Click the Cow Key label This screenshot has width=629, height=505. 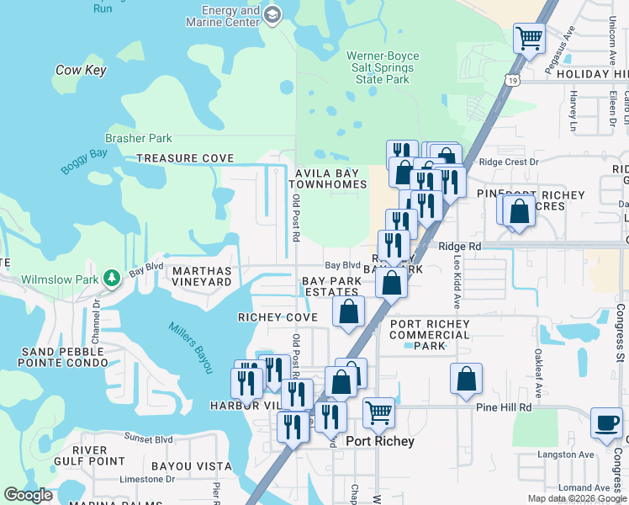(81, 70)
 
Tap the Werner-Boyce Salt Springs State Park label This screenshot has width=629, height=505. (383, 68)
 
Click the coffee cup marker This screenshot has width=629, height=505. (606, 423)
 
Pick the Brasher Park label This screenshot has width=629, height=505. (139, 139)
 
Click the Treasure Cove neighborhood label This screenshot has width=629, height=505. (185, 158)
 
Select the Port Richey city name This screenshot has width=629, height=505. (380, 441)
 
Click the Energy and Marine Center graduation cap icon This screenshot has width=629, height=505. (272, 14)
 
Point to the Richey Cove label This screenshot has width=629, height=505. (277, 317)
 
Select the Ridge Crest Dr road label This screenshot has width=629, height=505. (508, 162)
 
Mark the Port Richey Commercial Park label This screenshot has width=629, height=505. (431, 335)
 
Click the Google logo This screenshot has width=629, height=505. (28, 495)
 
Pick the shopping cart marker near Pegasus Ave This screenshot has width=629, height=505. (529, 37)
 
